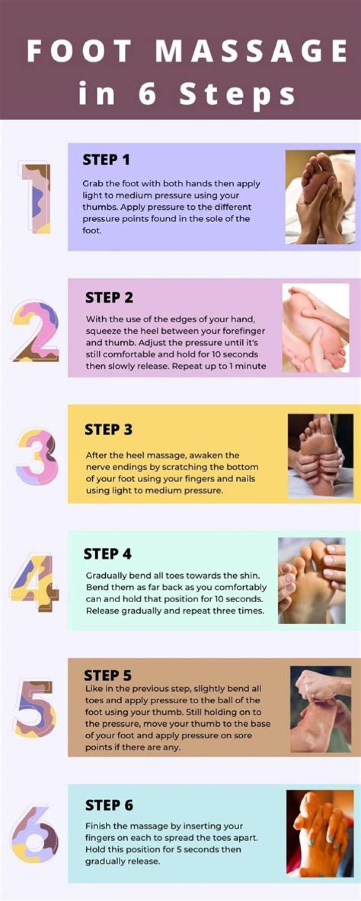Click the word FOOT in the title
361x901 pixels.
(x=79, y=51)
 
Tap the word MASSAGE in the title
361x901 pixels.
(x=251, y=51)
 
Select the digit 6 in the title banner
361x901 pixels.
(x=147, y=93)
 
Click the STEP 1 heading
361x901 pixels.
(x=106, y=160)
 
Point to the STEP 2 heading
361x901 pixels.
(x=109, y=297)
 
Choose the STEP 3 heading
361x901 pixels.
(x=108, y=429)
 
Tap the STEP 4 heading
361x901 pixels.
(x=107, y=554)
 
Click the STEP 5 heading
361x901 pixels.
(x=108, y=675)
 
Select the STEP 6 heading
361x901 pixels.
(x=109, y=805)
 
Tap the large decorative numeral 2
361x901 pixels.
(x=36, y=331)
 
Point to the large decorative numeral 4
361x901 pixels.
(x=34, y=583)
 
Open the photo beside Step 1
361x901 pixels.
(x=320, y=197)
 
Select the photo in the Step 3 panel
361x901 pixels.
(x=320, y=456)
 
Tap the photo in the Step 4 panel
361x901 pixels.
(x=312, y=581)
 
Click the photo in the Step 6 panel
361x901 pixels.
(x=320, y=833)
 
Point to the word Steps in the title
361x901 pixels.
(x=238, y=93)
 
